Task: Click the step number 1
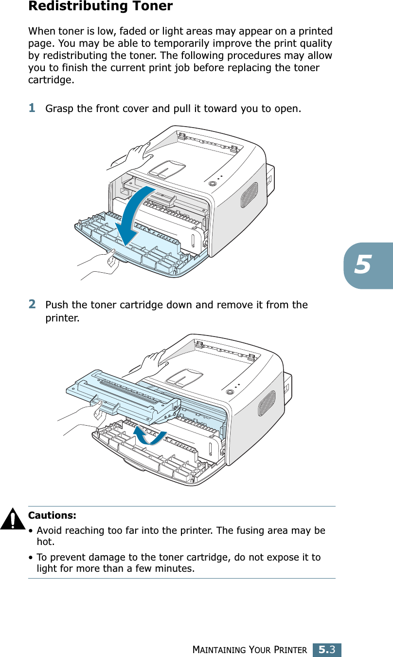pyautogui.click(x=32, y=107)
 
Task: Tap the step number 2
pyautogui.click(x=32, y=304)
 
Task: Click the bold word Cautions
pyautogui.click(x=52, y=515)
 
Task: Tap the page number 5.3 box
pyautogui.click(x=326, y=649)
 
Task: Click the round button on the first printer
pyautogui.click(x=212, y=184)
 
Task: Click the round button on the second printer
pyautogui.click(x=230, y=392)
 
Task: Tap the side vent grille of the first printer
pyautogui.click(x=249, y=195)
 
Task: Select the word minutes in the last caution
pyautogui.click(x=175, y=568)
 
